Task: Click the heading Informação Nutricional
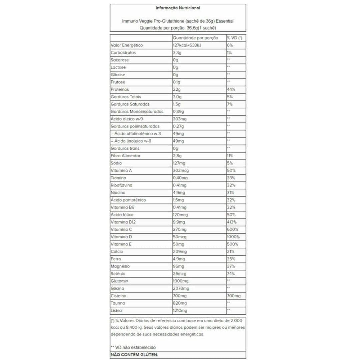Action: pos(178,8)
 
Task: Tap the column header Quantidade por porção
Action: pos(195,38)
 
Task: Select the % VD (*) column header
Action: pos(234,38)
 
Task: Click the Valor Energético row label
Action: pos(127,45)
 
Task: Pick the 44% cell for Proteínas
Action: pos(231,90)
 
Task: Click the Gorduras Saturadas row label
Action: pos(128,104)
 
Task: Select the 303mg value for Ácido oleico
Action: pos(180,119)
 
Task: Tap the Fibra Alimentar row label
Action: pos(125,156)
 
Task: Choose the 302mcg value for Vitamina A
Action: pos(181,171)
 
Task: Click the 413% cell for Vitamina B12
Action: pos(232,222)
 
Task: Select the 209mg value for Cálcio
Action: pos(180,252)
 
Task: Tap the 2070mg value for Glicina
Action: pos(181,288)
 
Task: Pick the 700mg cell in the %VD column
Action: pos(234,296)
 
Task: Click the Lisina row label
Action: pos(116,311)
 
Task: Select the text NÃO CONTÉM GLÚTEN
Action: pos(134,355)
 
